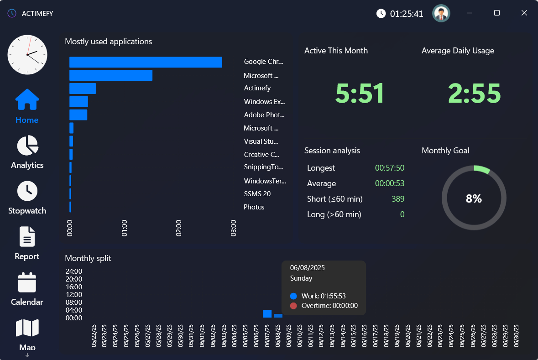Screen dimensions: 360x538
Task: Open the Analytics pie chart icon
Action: [x=27, y=146]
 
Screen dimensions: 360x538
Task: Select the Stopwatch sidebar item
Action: [x=27, y=191]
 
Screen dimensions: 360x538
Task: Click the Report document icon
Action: [x=27, y=237]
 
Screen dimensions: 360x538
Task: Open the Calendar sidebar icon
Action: [x=27, y=282]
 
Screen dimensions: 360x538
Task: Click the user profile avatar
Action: [x=441, y=14]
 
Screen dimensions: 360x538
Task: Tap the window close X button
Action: [x=524, y=13]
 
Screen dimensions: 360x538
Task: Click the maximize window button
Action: [x=497, y=13]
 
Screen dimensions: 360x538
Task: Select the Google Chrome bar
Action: [x=146, y=62]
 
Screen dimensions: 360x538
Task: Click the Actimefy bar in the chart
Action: [x=83, y=89]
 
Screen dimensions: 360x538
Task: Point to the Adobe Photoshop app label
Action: [x=264, y=115]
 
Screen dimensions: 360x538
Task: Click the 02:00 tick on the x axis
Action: [x=179, y=228]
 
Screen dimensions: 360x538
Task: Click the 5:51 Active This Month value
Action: [x=360, y=94]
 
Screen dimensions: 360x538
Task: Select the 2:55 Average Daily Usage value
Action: [x=474, y=94]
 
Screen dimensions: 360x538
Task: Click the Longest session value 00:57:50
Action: [x=389, y=168]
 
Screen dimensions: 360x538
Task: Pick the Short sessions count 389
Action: [x=397, y=199]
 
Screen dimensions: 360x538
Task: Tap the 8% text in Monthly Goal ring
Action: [x=474, y=198]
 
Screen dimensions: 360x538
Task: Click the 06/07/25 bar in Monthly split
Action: [x=267, y=314]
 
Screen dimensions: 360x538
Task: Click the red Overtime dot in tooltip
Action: [x=293, y=306]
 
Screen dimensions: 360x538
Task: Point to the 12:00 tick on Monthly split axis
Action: [x=74, y=295]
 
